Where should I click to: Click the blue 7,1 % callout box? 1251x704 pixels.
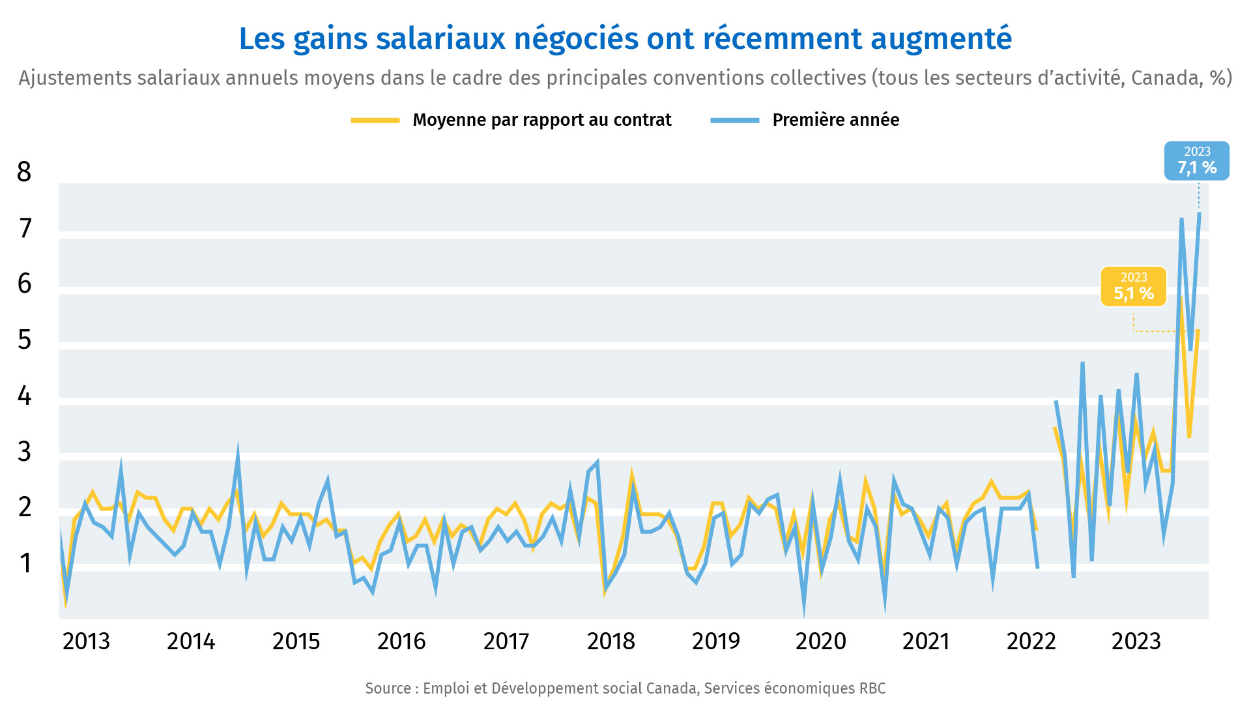pyautogui.click(x=1197, y=161)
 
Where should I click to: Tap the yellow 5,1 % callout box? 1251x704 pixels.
pyautogui.click(x=1134, y=287)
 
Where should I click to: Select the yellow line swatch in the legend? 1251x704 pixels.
pyautogui.click(x=375, y=121)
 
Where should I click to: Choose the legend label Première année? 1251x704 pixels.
pyautogui.click(x=835, y=121)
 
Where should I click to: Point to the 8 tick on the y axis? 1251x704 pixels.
pyautogui.click(x=24, y=172)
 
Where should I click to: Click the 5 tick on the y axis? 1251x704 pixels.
pyautogui.click(x=24, y=340)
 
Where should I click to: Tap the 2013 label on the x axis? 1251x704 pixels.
pyautogui.click(x=86, y=641)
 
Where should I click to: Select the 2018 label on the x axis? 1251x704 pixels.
pyautogui.click(x=611, y=641)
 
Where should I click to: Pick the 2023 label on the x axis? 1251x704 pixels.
pyautogui.click(x=1136, y=641)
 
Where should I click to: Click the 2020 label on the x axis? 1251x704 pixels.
pyautogui.click(x=820, y=641)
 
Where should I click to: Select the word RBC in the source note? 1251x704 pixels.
pyautogui.click(x=872, y=688)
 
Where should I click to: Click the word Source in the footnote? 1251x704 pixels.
pyautogui.click(x=388, y=688)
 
